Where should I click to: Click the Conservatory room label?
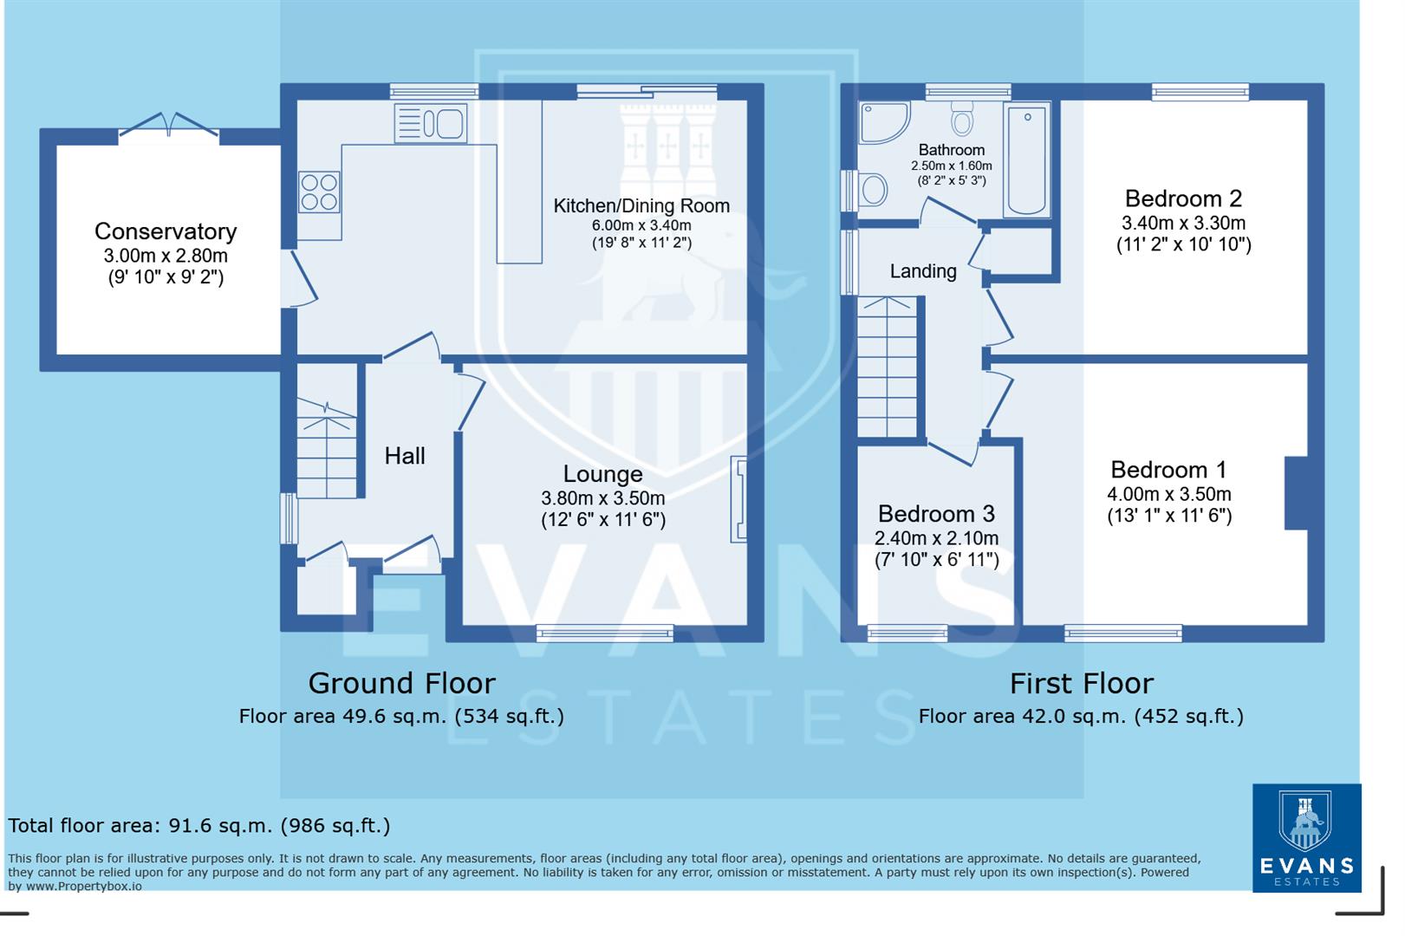click(165, 231)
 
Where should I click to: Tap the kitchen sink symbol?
click(431, 123)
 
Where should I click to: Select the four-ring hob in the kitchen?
click(318, 192)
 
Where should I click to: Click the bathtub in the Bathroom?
click(1027, 160)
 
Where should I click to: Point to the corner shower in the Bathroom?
click(882, 123)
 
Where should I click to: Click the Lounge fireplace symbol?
click(738, 499)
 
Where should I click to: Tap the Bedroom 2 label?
click(1183, 198)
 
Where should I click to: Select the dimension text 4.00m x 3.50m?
click(1168, 494)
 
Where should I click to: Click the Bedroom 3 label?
click(936, 514)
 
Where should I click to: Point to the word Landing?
click(923, 271)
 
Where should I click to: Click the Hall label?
click(405, 456)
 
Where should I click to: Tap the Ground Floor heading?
click(401, 684)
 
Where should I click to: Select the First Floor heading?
click(1081, 684)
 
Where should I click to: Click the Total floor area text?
click(199, 826)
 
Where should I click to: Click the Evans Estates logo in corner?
click(1306, 837)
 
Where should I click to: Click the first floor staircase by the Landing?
click(887, 367)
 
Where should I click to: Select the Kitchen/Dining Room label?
click(641, 206)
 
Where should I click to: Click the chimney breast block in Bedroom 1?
click(1295, 493)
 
